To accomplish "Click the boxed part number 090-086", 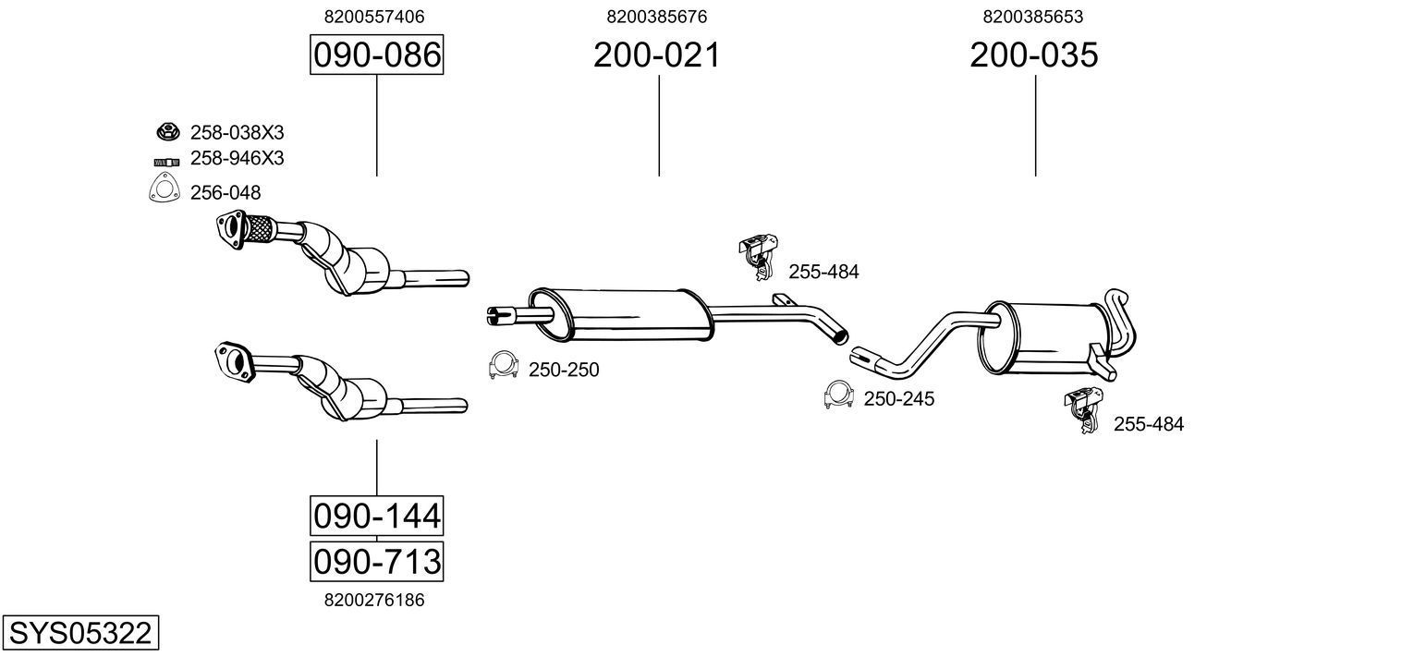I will (x=376, y=55).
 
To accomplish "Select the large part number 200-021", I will (x=656, y=55).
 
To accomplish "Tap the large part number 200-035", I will (x=1033, y=55).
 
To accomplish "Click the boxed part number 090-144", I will (x=376, y=516).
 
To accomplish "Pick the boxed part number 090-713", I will (x=376, y=561).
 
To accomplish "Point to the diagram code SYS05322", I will (x=79, y=634).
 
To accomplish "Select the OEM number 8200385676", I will (x=657, y=17).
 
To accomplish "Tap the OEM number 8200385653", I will (x=1033, y=17).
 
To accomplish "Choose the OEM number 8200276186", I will (x=374, y=600).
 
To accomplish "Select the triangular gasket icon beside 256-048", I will (x=164, y=191).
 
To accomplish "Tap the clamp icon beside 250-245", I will (x=838, y=395).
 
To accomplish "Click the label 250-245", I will (x=898, y=399).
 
